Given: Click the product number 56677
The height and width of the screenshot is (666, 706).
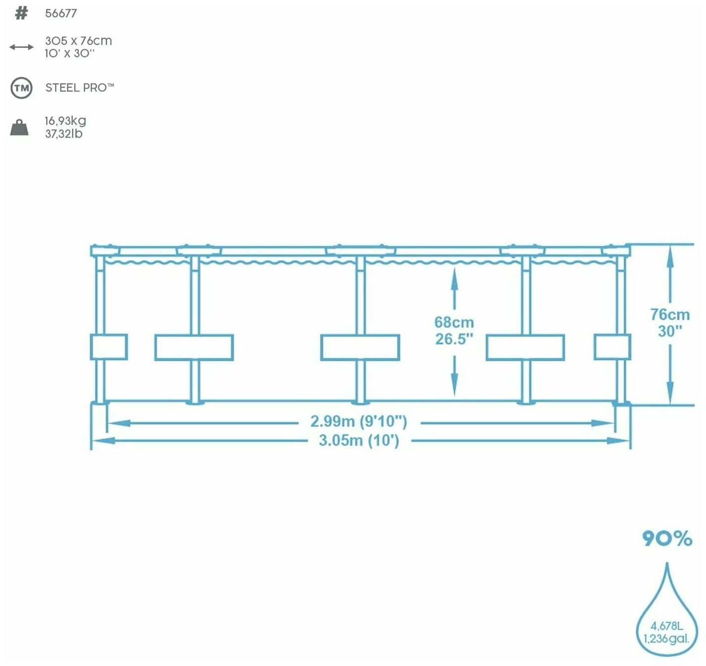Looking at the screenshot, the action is tap(61, 13).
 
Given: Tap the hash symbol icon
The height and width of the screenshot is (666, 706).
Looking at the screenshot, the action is tap(21, 13).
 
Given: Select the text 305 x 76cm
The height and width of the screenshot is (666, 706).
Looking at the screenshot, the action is tap(78, 41).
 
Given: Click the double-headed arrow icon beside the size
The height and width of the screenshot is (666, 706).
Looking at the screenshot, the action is tap(21, 47).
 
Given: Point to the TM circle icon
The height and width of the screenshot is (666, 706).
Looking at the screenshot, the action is tap(21, 88).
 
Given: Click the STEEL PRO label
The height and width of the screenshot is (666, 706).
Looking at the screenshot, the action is tap(79, 88).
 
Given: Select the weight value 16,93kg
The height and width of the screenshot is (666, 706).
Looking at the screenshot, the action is tap(65, 121).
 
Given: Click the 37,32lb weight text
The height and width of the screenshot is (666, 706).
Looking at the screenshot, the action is tap(64, 134).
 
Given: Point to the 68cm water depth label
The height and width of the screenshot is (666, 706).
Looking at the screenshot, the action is tap(454, 322).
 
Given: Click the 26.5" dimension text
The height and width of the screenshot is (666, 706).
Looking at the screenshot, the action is tap(454, 339).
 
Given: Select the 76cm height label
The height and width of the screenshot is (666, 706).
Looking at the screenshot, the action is tap(670, 314).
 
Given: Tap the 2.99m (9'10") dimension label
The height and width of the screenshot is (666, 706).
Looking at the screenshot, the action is tap(358, 422).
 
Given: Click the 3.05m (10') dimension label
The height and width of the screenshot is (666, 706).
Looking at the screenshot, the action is tap(358, 440).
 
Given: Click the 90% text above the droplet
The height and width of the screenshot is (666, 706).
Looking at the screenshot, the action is tap(667, 538).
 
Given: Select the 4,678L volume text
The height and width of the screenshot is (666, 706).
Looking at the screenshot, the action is tap(666, 626).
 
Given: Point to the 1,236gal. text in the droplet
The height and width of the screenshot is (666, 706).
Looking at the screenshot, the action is tap(666, 639).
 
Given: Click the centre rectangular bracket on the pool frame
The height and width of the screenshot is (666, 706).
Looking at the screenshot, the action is tap(360, 347).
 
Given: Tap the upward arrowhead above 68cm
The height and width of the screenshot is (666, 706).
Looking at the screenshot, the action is tap(454, 275).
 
